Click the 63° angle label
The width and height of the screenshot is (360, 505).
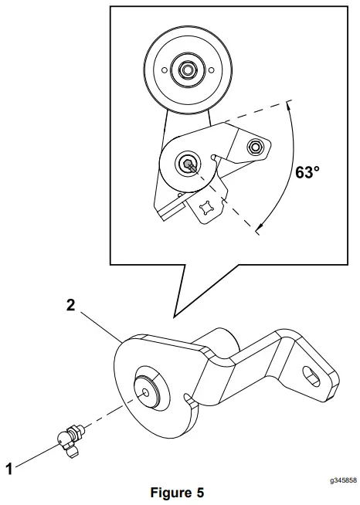(x=307, y=171)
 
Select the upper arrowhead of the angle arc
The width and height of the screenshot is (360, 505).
(x=288, y=105)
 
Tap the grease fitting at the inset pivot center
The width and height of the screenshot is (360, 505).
(x=188, y=164)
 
